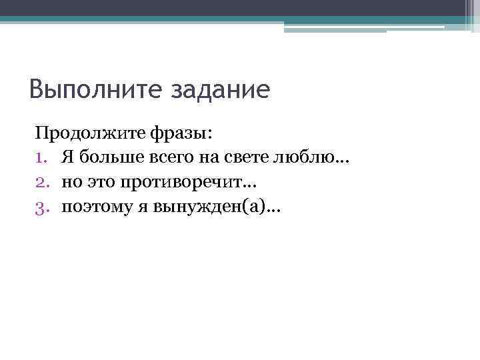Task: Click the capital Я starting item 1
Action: coord(69,158)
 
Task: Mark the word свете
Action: coord(237,158)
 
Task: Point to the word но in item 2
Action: coord(71,183)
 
